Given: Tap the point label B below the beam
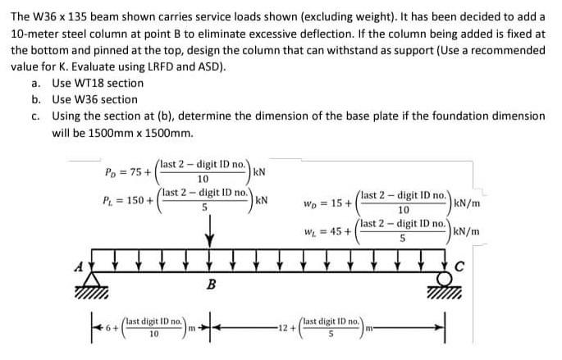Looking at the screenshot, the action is pos(211,285).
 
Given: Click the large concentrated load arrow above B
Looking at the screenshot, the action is pos(211,231).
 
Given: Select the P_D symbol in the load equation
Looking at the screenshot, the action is pos(114,172).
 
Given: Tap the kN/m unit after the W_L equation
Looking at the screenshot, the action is pos(467,231).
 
